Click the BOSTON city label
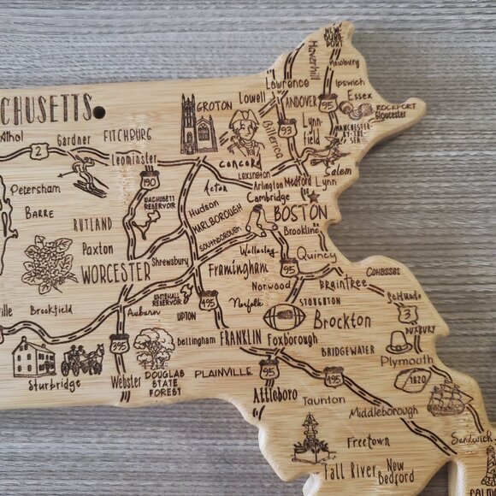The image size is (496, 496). [x=300, y=211]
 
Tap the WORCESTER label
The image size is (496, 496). [x=115, y=273]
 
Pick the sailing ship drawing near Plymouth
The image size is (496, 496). [x=449, y=398]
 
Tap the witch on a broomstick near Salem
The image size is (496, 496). [x=324, y=155]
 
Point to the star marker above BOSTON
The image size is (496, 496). [x=313, y=196]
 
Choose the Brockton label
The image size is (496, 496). [x=342, y=322]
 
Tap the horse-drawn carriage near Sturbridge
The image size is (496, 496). [x=82, y=358]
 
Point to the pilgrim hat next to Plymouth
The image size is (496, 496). [x=399, y=343]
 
